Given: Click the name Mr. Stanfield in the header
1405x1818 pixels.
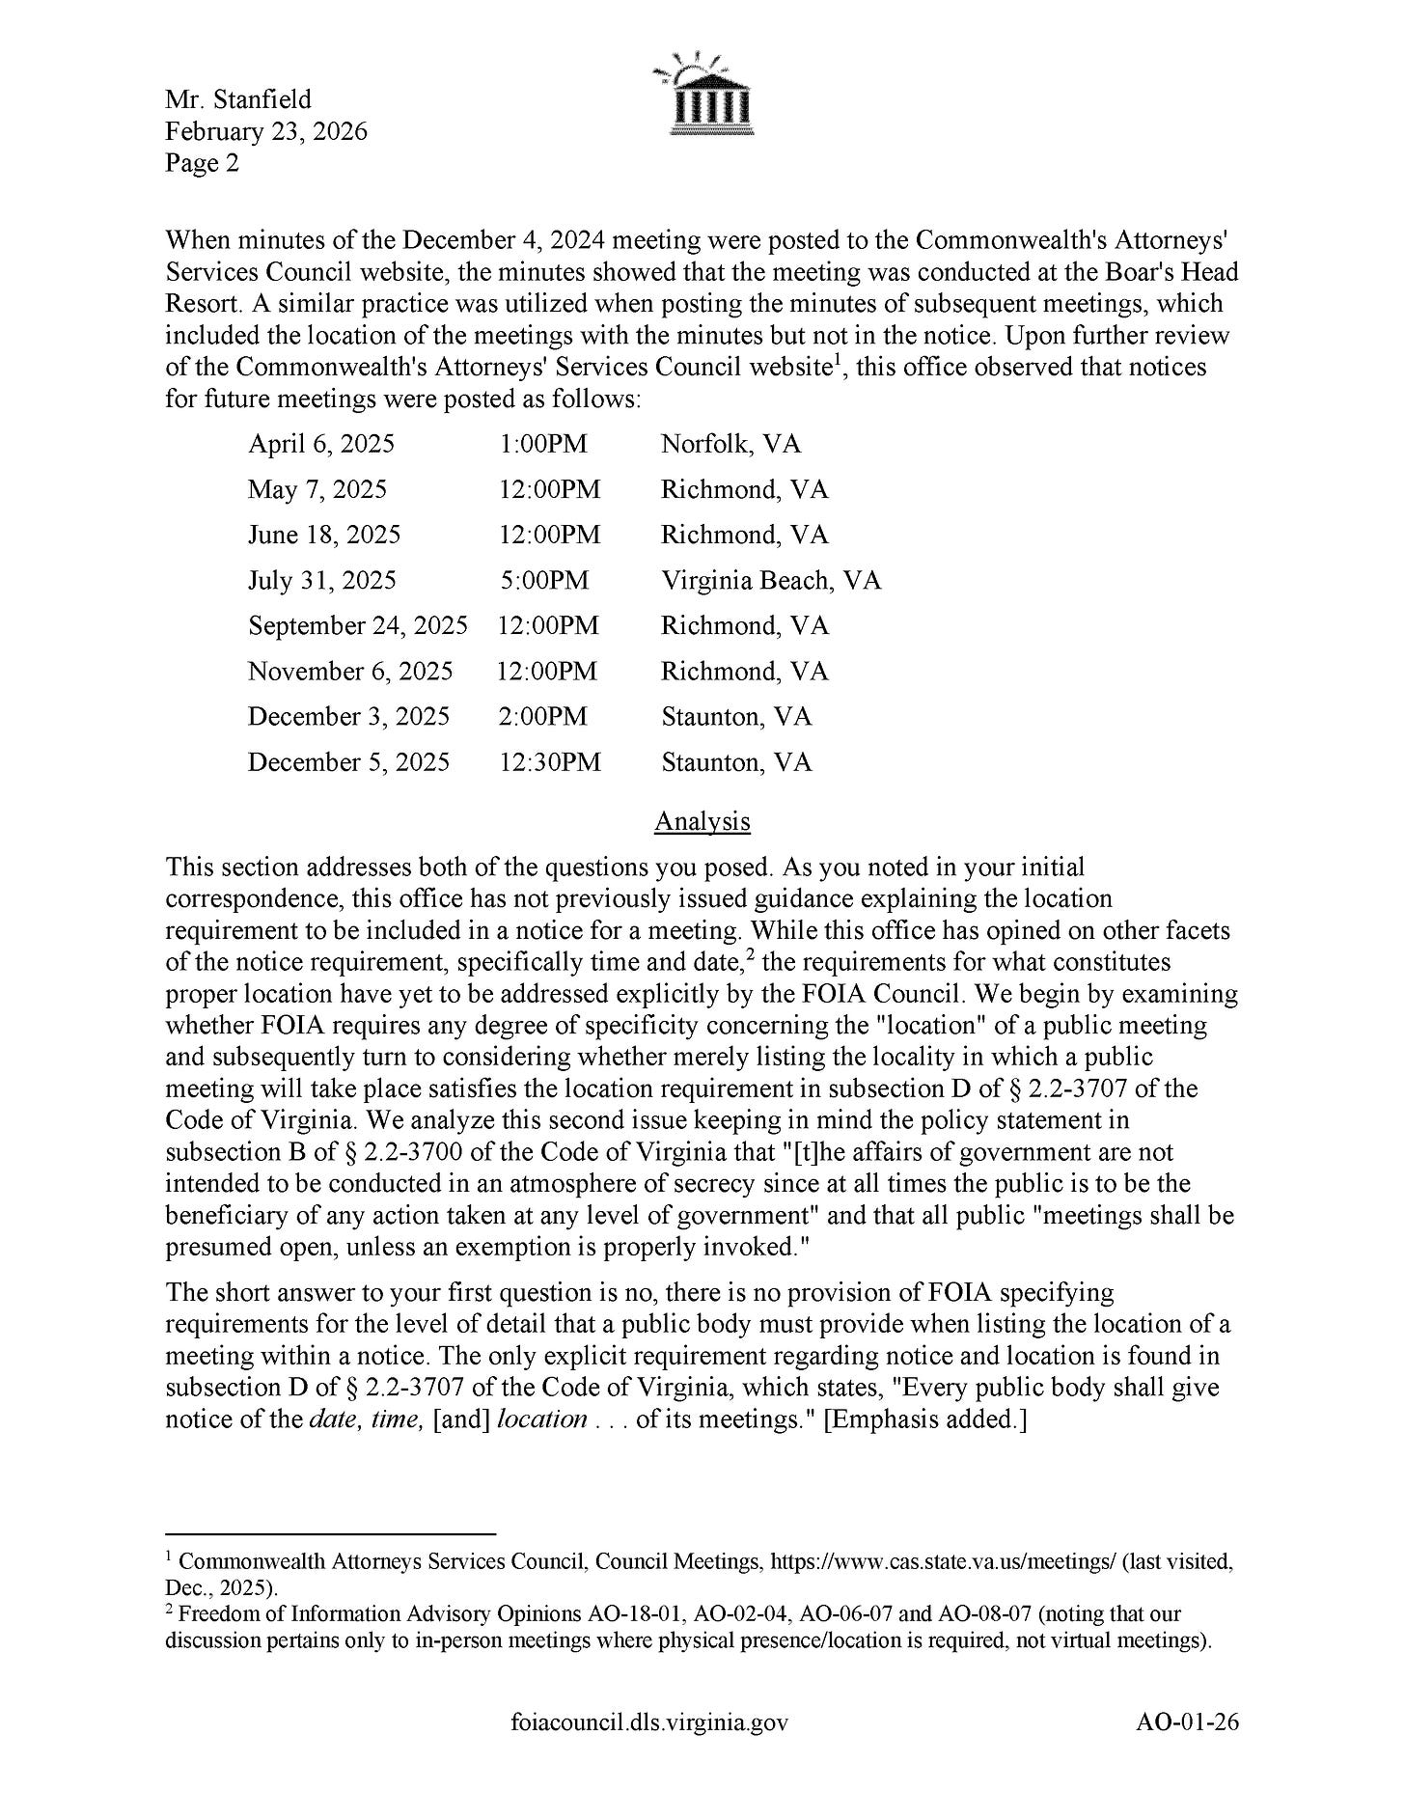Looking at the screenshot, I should [x=237, y=99].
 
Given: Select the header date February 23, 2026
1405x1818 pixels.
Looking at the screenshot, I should [x=265, y=131].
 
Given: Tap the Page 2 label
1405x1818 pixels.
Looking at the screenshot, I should [x=202, y=163].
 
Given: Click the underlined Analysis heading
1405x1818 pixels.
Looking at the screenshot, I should [x=702, y=821].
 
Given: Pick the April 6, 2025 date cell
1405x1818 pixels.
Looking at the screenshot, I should [x=320, y=444].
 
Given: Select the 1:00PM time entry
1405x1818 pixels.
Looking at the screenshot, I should [x=543, y=444].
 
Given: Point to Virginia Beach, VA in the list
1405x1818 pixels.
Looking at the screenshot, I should [x=770, y=580].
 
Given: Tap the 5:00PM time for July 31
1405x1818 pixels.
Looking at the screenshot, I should [x=543, y=580].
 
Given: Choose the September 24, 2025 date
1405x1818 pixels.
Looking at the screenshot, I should [x=357, y=625].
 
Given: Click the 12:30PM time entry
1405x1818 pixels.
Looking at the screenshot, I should [x=549, y=762].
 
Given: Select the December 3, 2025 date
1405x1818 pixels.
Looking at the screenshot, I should [x=348, y=717].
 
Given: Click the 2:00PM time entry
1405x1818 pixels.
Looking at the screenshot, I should [x=543, y=717].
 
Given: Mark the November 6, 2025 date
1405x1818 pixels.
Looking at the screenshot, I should [x=349, y=671].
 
